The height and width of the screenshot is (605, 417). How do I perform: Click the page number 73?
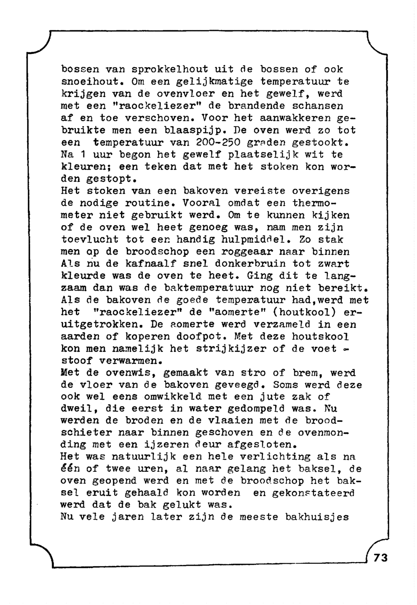[381, 557]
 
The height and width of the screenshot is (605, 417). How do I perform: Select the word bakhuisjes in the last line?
[317, 517]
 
